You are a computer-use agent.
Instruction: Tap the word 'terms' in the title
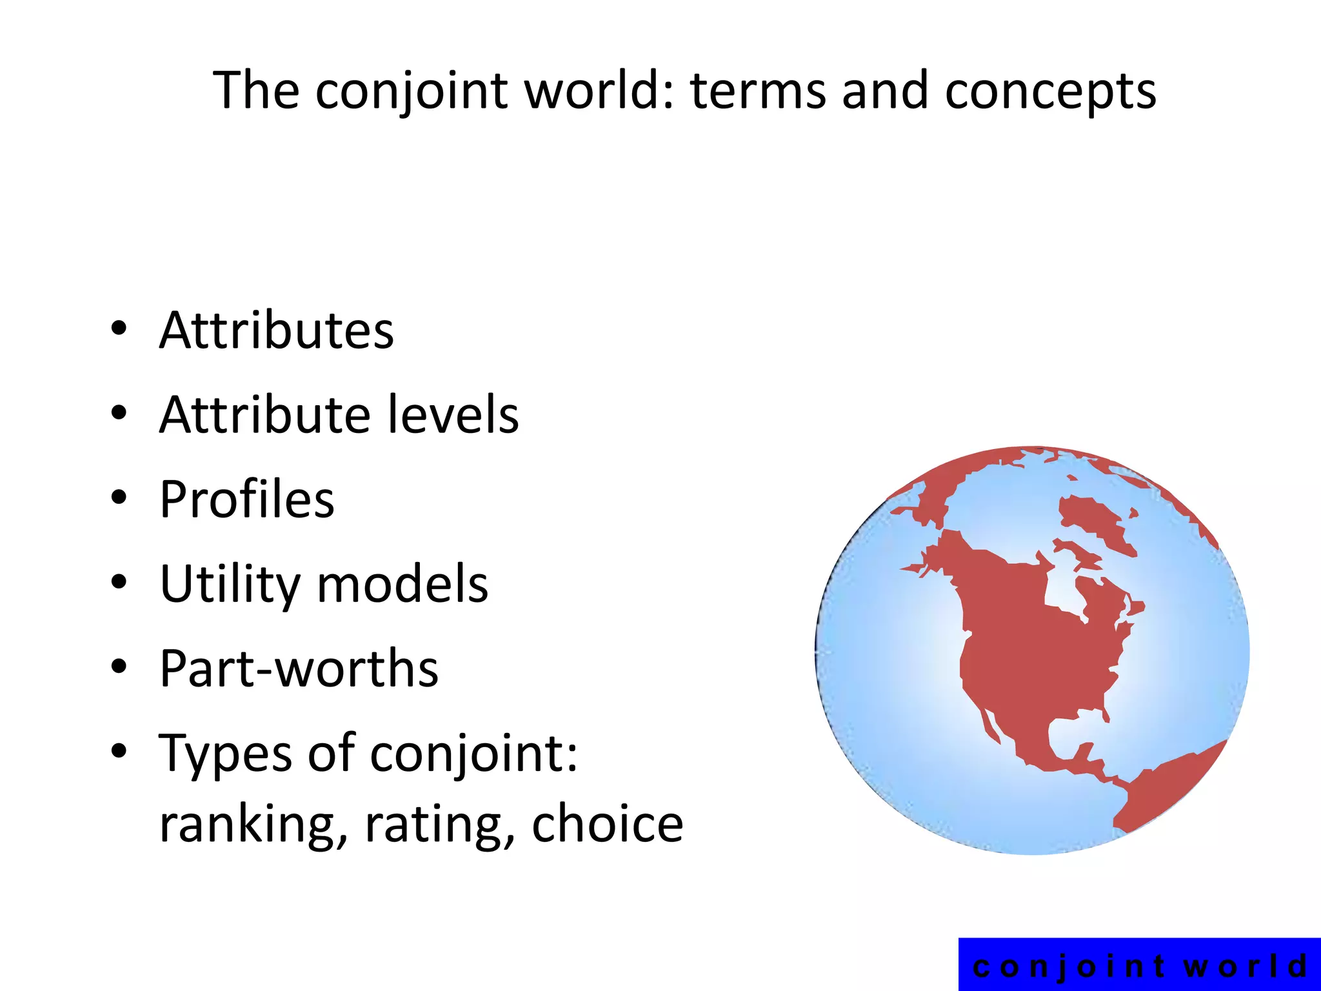(758, 91)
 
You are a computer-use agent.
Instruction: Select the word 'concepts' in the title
(1051, 91)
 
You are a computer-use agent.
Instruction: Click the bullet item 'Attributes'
(276, 330)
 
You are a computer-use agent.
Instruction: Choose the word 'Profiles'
(247, 499)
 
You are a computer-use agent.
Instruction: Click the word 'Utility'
(230, 584)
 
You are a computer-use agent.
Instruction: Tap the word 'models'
(402, 584)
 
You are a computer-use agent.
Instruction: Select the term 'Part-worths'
(299, 668)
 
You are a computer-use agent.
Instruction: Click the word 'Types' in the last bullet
(224, 753)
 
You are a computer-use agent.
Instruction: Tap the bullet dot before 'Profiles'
(119, 498)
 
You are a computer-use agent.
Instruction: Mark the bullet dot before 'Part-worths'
(119, 667)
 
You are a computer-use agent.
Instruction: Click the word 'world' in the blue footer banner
(1245, 966)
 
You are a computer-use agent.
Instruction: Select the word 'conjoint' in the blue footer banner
(1069, 966)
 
